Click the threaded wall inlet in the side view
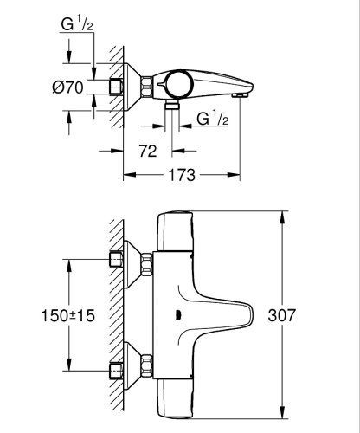click(115, 86)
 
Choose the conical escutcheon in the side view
click(134, 86)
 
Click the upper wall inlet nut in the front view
click(115, 259)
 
